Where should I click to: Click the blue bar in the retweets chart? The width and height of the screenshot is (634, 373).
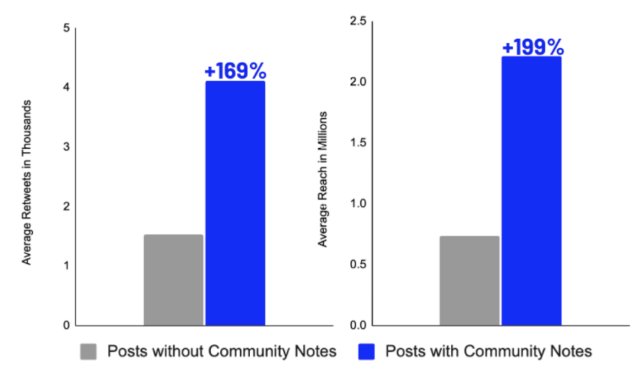pos(235,203)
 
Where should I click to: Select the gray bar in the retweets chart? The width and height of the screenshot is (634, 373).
pos(173,279)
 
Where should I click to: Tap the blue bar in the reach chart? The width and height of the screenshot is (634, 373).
pos(531,191)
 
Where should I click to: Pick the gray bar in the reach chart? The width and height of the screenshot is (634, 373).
pos(469,280)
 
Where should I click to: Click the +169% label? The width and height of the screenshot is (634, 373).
pos(235,71)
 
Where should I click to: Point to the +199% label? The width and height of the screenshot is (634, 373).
pos(532,47)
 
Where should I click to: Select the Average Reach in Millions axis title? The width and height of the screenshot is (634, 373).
pos(323,180)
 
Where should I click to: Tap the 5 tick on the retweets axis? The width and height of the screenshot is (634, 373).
pos(66,28)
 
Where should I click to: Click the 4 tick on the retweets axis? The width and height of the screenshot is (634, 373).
pos(66,87)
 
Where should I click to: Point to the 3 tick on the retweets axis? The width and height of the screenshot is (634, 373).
pos(66,147)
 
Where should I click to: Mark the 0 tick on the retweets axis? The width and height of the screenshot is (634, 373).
pos(66,325)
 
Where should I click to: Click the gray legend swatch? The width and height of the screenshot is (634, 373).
pos(89,352)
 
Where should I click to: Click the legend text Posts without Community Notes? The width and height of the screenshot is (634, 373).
pos(222,352)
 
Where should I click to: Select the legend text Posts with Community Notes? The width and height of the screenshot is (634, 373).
pos(489,352)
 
